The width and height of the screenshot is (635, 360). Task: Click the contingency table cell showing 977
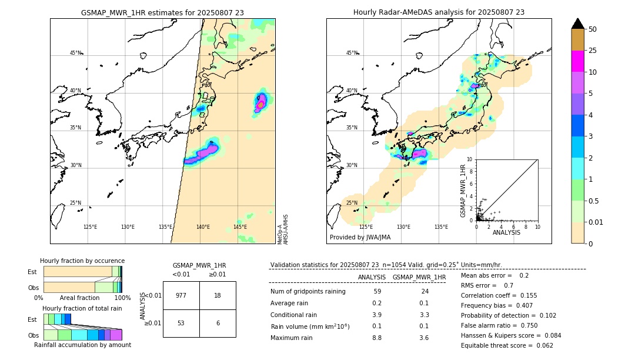[181, 295]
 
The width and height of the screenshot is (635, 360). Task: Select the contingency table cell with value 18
[218, 295]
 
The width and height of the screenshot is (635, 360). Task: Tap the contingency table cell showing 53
[181, 323]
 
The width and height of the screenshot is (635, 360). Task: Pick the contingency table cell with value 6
[218, 323]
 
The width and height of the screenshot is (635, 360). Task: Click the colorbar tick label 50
[593, 29]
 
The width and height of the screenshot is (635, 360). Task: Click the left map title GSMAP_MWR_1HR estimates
[162, 12]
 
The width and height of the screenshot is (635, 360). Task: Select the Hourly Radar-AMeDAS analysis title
[439, 12]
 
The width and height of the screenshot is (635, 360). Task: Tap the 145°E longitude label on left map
[240, 227]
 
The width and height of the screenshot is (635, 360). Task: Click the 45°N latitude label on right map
[352, 53]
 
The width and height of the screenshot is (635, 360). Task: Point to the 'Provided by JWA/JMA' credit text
[360, 237]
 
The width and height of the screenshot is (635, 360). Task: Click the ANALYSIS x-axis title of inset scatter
[506, 232]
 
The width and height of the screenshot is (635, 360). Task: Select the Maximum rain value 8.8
[377, 338]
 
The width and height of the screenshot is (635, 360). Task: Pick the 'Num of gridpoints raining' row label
[308, 292]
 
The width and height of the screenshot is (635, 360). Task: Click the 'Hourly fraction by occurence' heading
[82, 261]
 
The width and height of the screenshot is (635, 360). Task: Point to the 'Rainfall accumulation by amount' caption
[82, 345]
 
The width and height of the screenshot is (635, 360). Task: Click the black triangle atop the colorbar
[578, 24]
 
